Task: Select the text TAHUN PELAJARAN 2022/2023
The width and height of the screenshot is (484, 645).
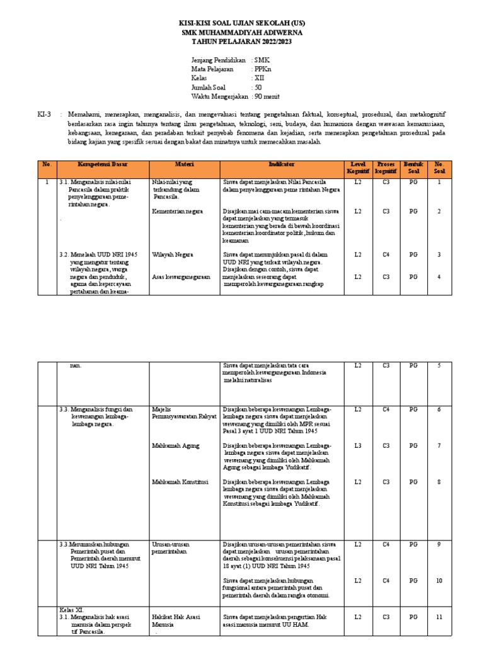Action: coord(242,42)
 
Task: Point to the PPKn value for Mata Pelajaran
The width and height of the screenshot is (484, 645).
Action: coord(263,69)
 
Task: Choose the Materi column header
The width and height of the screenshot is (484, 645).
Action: coord(183,164)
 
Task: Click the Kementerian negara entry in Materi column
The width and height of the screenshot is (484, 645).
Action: coord(177,212)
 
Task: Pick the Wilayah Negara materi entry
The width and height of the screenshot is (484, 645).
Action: coord(173,254)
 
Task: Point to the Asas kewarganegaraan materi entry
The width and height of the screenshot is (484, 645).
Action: coord(181,277)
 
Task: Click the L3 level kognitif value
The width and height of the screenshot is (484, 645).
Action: coord(358,445)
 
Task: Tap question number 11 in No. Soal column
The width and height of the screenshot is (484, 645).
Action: coord(439,617)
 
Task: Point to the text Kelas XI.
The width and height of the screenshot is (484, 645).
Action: coord(71,610)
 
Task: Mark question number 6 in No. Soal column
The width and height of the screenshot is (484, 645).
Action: coord(439,409)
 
